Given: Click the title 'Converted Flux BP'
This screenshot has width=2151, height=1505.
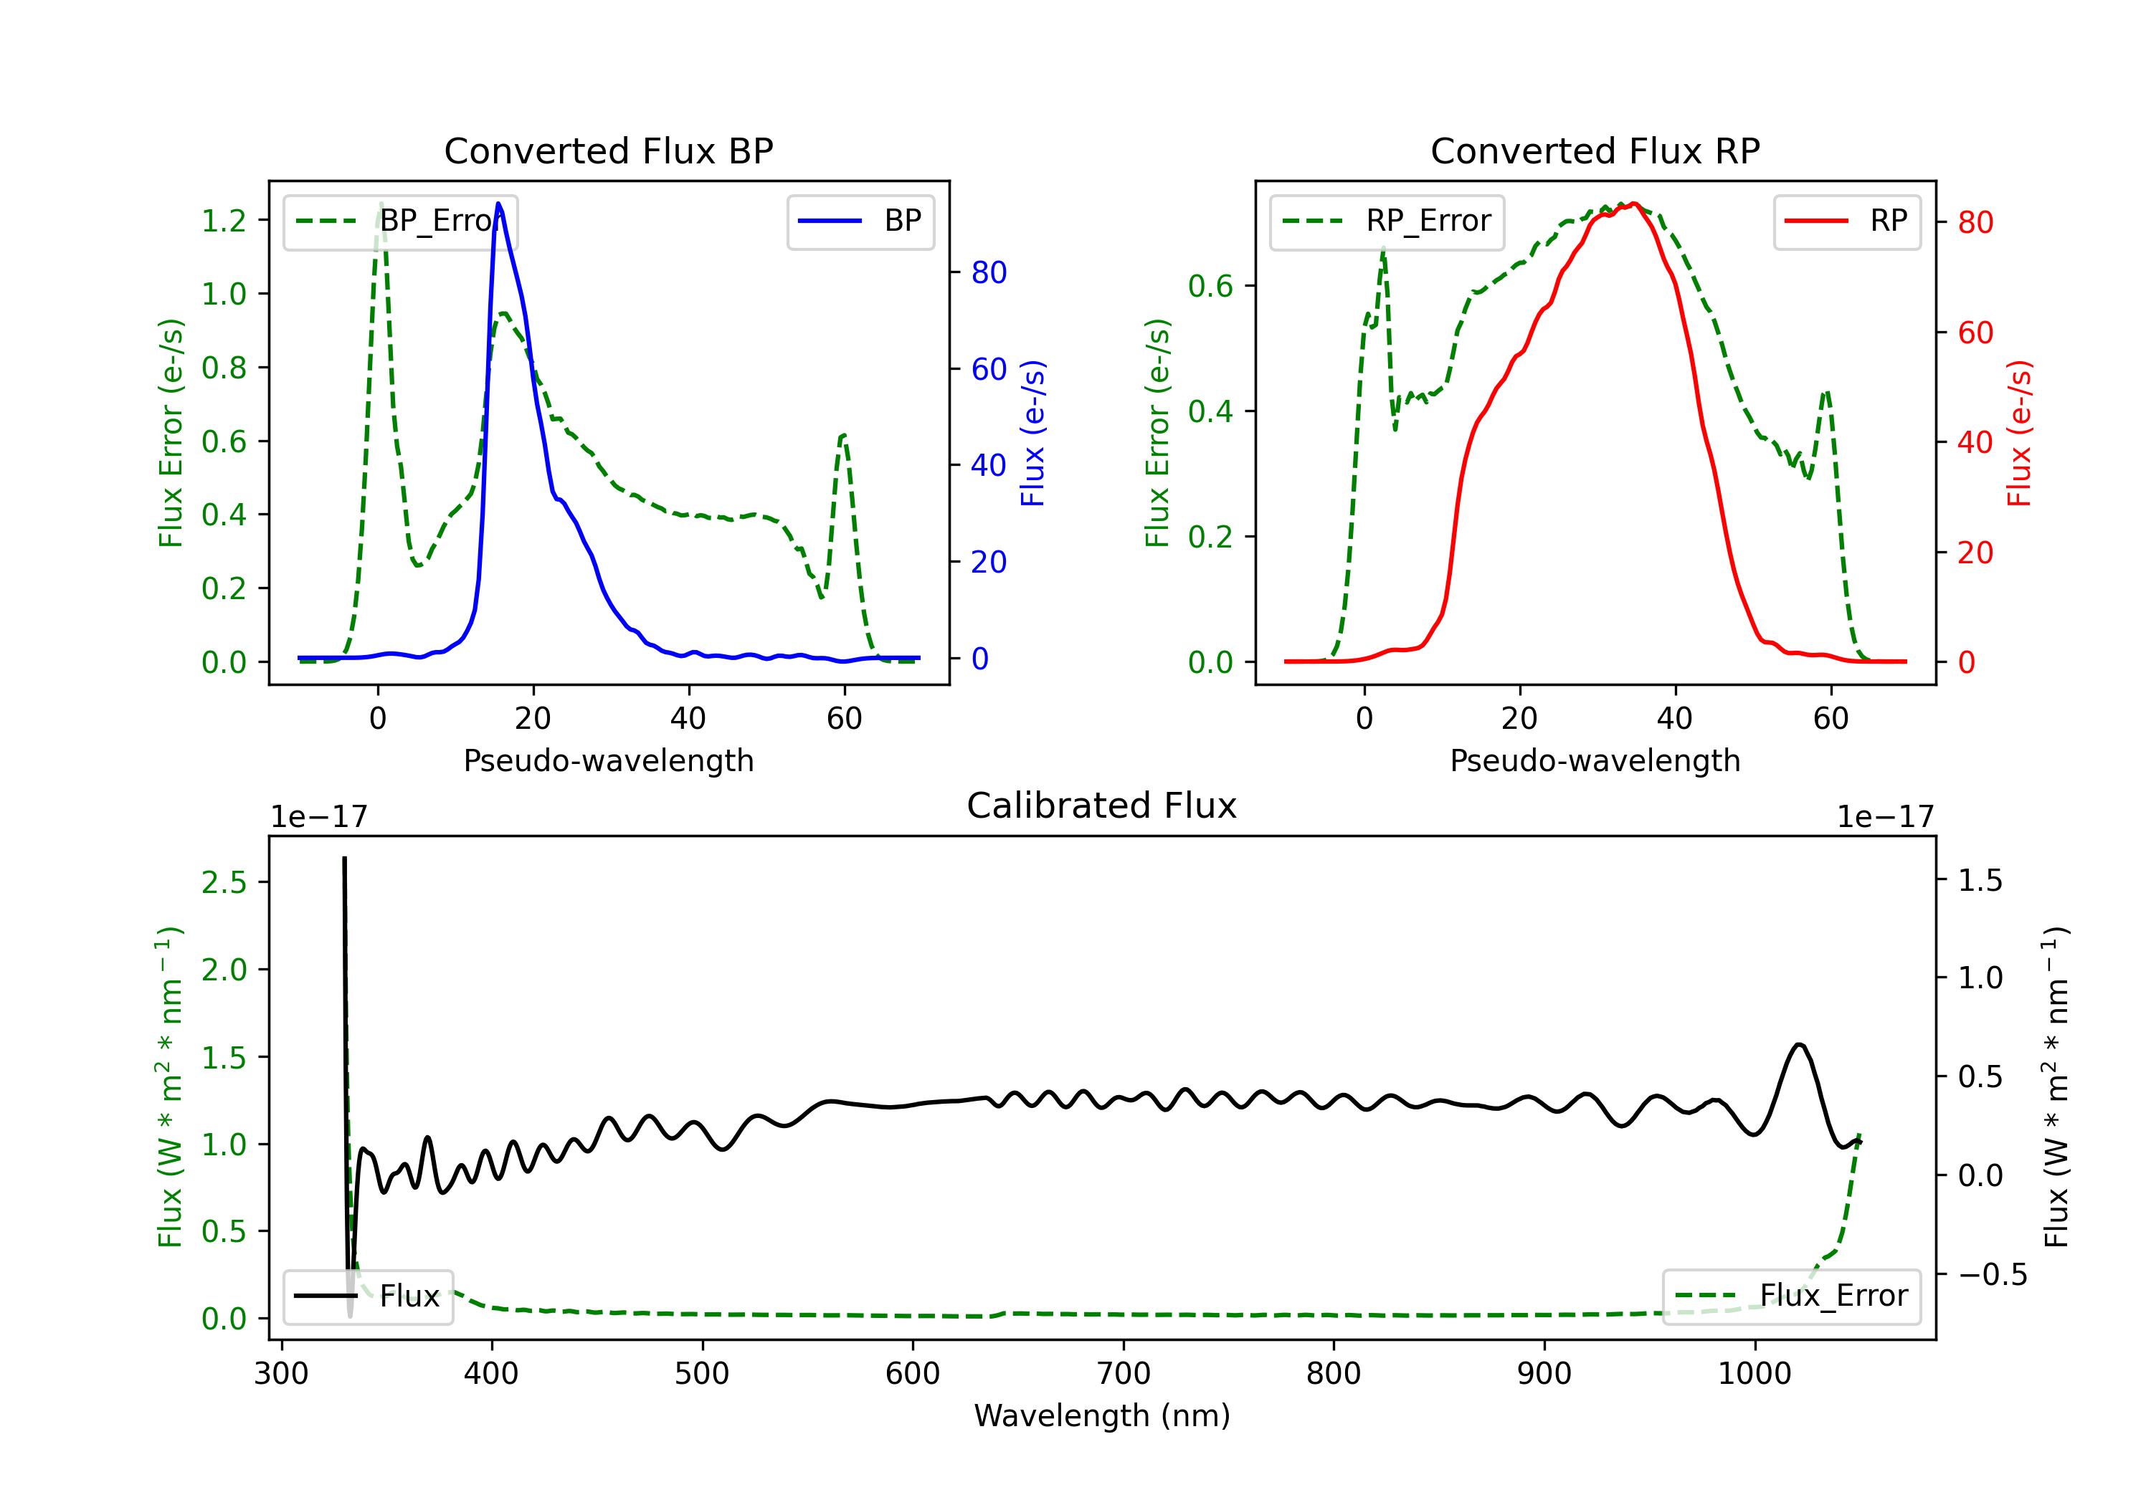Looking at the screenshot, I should click(608, 150).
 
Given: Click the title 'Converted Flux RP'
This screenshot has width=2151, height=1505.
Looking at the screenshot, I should click(1595, 150).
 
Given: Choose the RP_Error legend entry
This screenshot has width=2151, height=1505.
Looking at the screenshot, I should click(1387, 221).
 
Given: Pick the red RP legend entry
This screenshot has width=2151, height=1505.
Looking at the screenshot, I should click(1846, 221).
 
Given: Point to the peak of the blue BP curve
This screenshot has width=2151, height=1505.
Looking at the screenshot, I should click(498, 204).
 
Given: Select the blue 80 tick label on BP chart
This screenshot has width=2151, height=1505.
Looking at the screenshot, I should click(988, 272).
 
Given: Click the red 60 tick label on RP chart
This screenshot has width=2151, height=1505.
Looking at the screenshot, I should click(1975, 333).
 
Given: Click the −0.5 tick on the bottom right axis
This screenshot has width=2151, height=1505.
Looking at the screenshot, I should click(1992, 1275).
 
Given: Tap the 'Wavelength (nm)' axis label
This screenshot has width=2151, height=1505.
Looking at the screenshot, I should click(1102, 1416).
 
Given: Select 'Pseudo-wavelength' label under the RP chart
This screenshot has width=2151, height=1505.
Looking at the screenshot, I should click(1595, 760).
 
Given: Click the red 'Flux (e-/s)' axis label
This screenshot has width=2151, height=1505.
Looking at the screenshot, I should click(2019, 433).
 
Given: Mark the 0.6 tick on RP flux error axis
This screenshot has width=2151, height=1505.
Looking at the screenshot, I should click(1210, 287).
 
